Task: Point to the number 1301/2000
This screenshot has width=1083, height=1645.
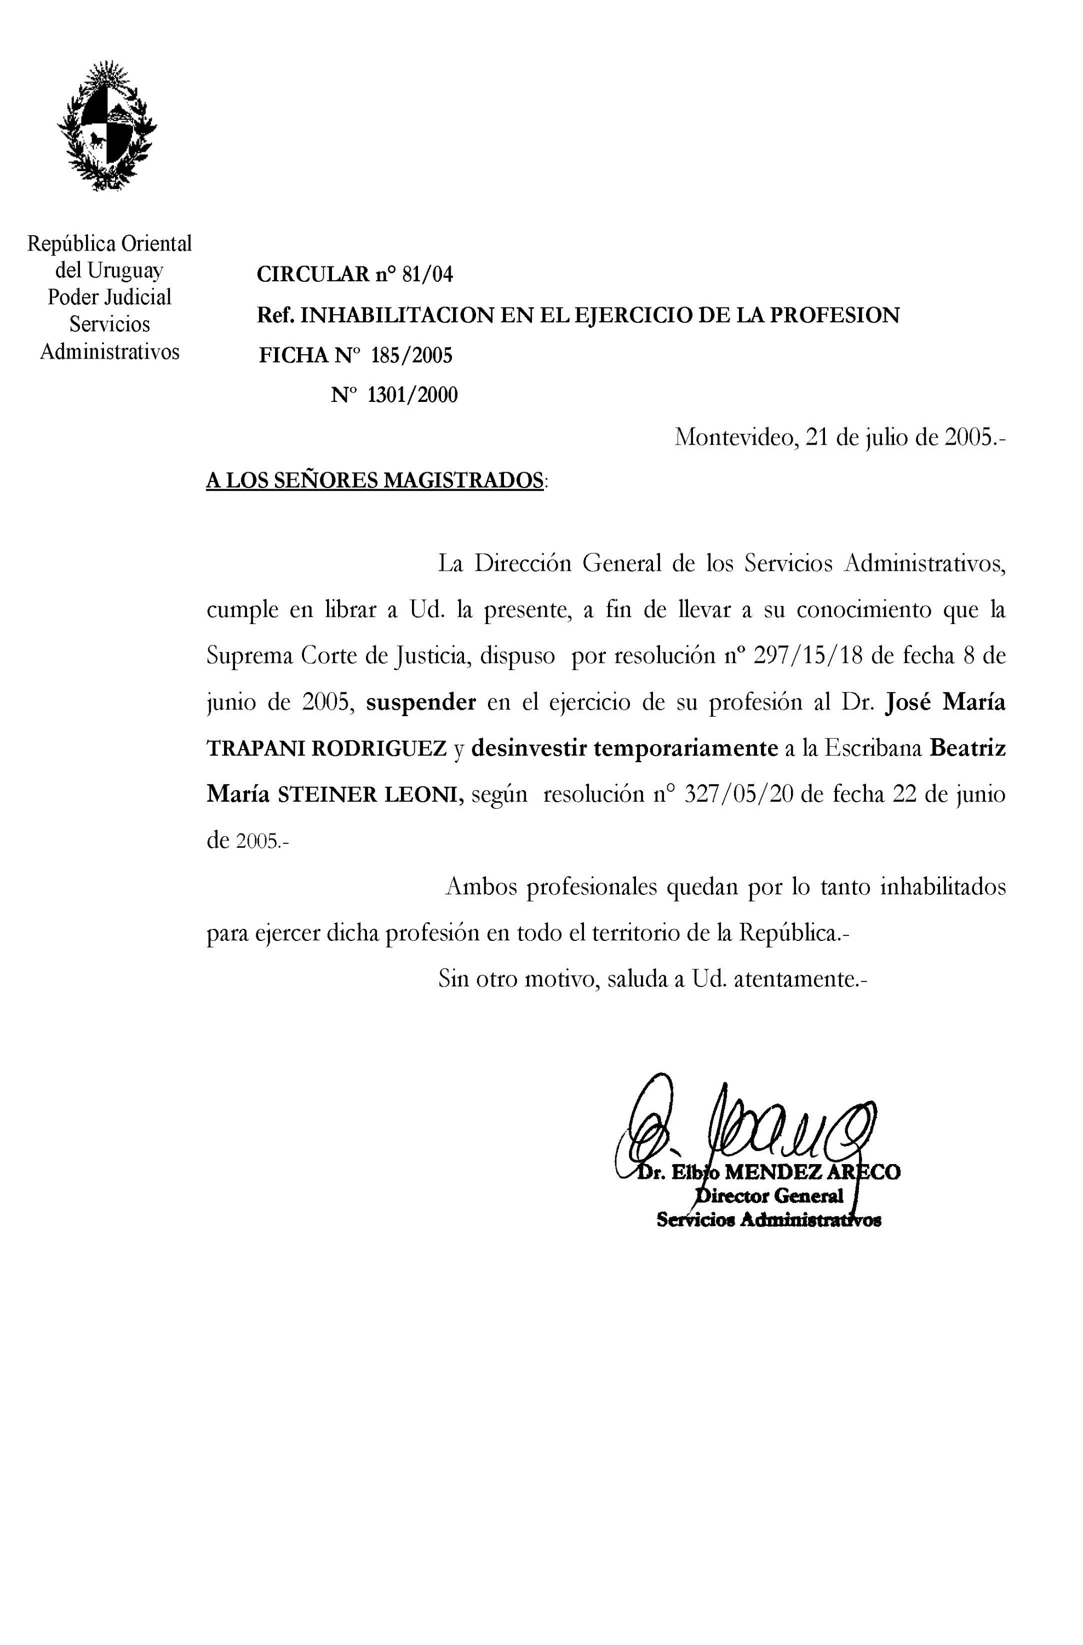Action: point(412,395)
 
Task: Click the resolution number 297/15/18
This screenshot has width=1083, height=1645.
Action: point(809,655)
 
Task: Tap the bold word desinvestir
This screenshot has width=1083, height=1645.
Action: point(529,748)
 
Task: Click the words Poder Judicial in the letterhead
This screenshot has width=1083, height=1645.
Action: point(109,297)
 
